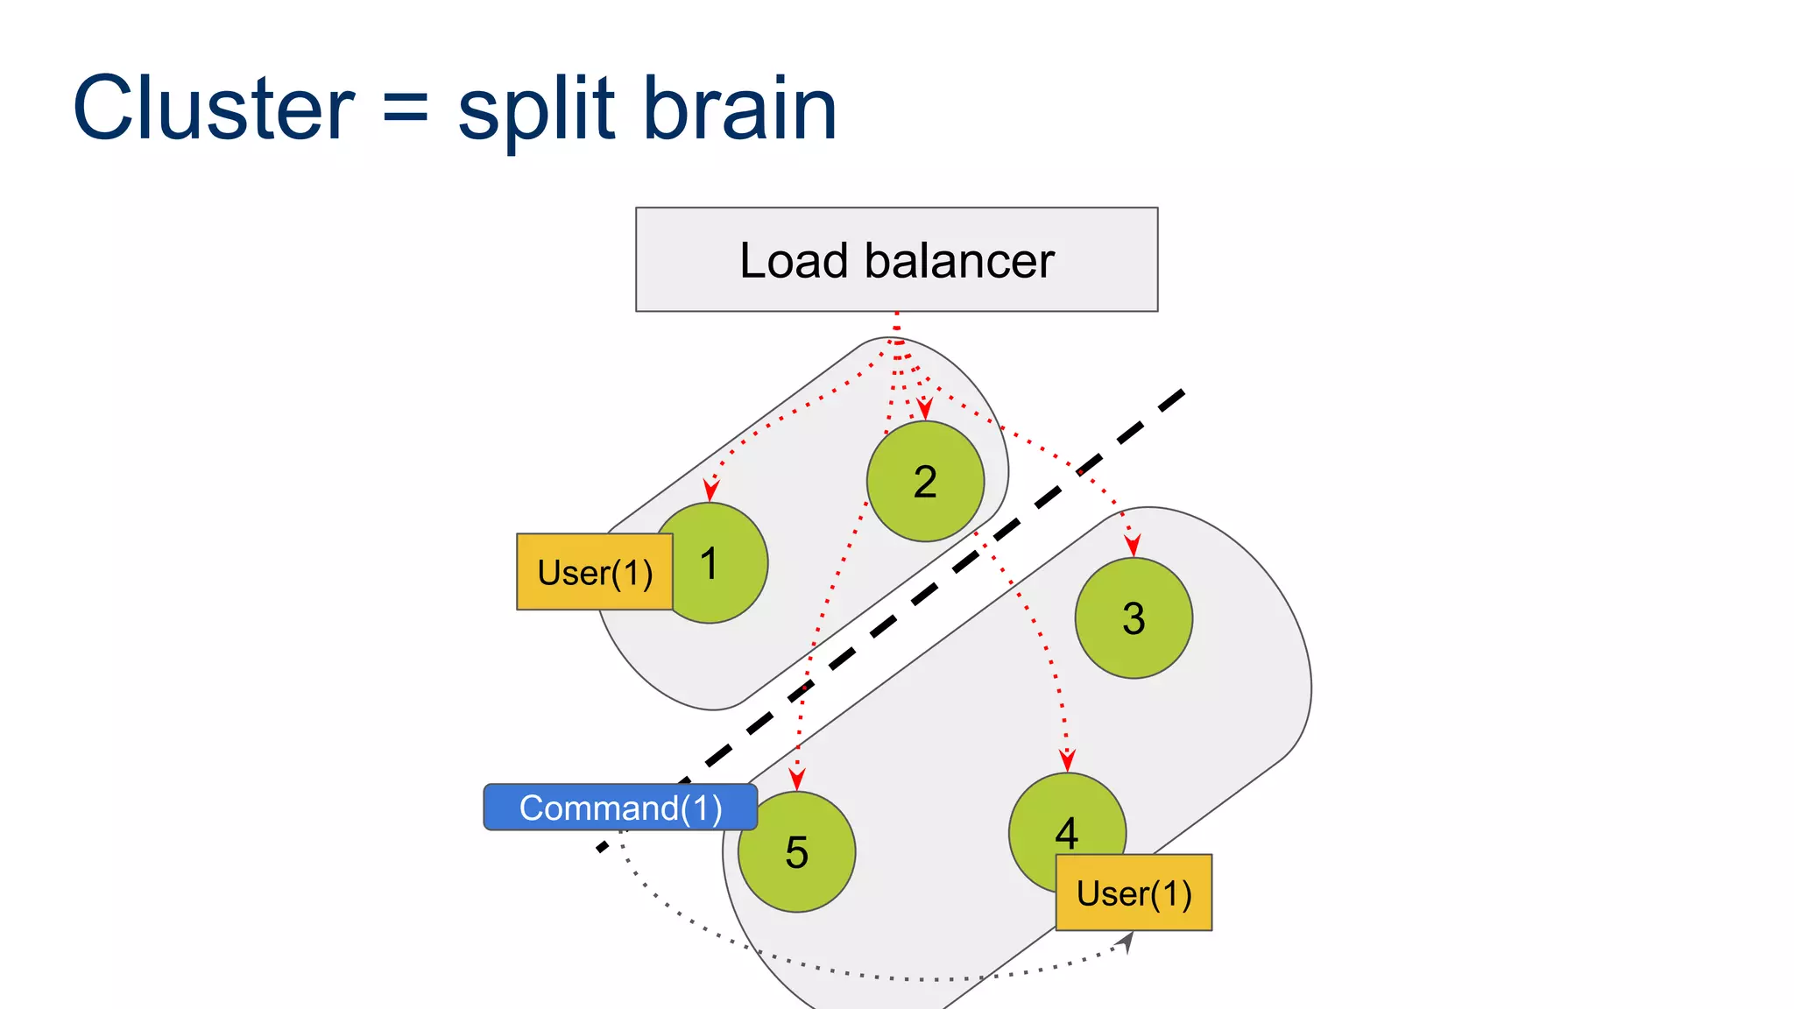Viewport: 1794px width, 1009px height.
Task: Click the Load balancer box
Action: tap(896, 259)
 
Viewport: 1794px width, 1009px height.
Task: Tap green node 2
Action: tap(925, 482)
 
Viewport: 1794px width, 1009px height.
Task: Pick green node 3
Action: tap(1134, 618)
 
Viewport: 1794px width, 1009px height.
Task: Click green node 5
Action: tap(796, 852)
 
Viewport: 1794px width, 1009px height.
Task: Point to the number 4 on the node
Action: tap(1066, 831)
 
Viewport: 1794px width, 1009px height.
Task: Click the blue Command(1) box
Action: tap(620, 808)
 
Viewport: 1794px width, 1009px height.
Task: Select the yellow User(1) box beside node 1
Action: tap(595, 572)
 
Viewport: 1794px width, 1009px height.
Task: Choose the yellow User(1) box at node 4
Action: tap(1134, 893)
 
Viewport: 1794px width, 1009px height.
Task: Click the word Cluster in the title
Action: tap(213, 109)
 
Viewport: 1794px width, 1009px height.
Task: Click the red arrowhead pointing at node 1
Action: tap(711, 490)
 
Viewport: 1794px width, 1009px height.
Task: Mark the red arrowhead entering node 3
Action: tap(1133, 546)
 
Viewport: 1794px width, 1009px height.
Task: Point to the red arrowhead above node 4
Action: tap(1067, 759)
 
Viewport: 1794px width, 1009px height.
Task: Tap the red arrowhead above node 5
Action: tap(796, 779)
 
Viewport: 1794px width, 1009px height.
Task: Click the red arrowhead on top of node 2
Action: tap(924, 408)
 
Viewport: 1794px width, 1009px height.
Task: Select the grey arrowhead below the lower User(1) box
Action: tap(1127, 942)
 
